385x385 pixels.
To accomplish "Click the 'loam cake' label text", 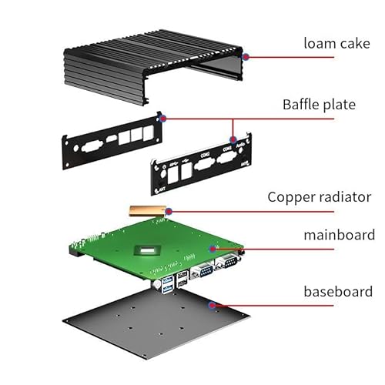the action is point(336,43).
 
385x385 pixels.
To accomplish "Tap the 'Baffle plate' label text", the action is point(319,105).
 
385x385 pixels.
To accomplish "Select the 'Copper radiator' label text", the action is point(320,197).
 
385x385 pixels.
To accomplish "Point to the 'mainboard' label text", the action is point(340,235).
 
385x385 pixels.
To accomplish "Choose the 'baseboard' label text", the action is point(338,292).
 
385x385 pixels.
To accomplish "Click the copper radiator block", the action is point(148,211).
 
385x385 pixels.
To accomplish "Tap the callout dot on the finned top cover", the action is point(246,57).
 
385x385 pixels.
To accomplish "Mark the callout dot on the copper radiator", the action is point(169,212).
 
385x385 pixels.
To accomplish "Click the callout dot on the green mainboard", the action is point(213,249).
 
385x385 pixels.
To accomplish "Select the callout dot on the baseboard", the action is point(212,305).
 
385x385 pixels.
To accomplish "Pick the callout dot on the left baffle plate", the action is point(162,119).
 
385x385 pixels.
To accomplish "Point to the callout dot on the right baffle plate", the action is point(233,140).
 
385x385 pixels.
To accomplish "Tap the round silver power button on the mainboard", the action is point(156,284).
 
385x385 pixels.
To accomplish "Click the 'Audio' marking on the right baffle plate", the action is point(240,145).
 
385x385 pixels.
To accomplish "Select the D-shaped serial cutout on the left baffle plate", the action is point(92,146).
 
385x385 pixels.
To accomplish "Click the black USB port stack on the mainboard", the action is point(182,279).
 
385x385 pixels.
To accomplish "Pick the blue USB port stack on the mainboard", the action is point(167,285).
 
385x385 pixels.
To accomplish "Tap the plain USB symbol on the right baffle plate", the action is point(185,161).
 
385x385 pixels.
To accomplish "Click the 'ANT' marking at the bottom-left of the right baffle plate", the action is point(162,189).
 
